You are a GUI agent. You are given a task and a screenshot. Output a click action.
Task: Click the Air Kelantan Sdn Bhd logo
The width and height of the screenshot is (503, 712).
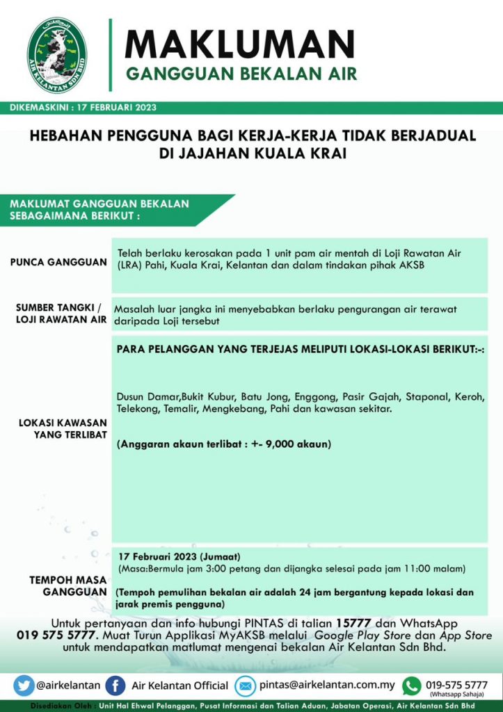(57, 56)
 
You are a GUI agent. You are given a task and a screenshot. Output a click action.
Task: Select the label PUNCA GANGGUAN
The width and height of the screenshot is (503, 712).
(58, 262)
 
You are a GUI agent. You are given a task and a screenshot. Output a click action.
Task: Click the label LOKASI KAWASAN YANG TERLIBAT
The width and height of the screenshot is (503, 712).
(62, 428)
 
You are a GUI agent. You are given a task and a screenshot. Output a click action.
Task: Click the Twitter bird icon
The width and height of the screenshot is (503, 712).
(24, 685)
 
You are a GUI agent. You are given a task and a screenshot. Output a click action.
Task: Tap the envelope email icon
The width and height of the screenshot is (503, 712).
(246, 685)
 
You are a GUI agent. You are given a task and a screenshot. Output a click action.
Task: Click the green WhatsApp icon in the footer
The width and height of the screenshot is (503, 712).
(412, 685)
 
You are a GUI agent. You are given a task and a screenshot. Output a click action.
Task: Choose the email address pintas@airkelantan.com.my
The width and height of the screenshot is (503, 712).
(327, 685)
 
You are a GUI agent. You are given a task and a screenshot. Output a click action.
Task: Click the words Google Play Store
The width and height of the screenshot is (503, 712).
(358, 636)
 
